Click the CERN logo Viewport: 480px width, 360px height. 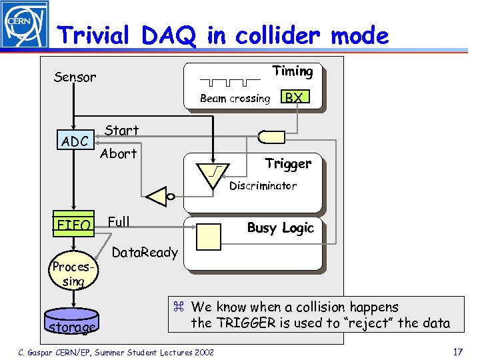coord(24,25)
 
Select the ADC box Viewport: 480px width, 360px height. coord(74,141)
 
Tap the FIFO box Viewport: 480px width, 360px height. coord(73,225)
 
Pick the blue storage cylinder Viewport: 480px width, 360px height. coord(71,324)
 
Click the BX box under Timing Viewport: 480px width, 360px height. coord(293,97)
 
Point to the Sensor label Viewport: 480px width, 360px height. coord(75,77)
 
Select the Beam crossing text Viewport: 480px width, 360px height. coord(235,99)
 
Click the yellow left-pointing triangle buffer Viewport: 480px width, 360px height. coord(157,197)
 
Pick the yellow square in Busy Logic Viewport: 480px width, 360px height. coord(209,236)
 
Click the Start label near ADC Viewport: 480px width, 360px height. coord(121,131)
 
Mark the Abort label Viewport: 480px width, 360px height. coord(118,153)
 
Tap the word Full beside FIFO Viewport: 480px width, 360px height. coord(118,221)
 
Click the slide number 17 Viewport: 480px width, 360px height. coord(457,351)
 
